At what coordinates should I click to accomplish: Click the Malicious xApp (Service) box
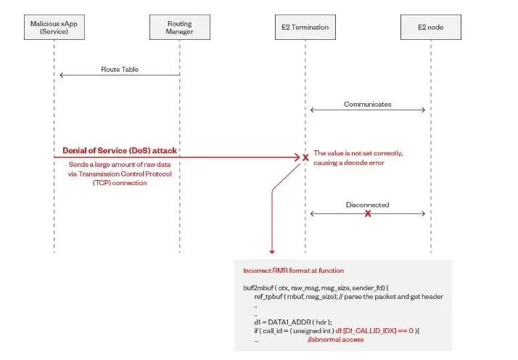(x=55, y=28)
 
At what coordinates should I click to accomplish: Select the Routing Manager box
(x=180, y=28)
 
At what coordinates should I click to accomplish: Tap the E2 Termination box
(x=305, y=28)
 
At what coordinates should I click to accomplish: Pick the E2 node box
(x=430, y=28)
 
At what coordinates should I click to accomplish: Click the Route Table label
(x=120, y=70)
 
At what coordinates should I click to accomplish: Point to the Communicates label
(x=368, y=104)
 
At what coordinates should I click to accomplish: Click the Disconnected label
(x=368, y=205)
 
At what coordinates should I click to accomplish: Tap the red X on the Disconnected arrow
(x=368, y=214)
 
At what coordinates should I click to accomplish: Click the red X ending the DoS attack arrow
(x=305, y=157)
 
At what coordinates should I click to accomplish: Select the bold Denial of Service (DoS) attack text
(x=120, y=151)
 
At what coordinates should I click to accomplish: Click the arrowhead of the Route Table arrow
(x=61, y=75)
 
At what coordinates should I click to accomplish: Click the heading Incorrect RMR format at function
(x=288, y=270)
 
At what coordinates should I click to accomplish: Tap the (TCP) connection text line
(x=120, y=183)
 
